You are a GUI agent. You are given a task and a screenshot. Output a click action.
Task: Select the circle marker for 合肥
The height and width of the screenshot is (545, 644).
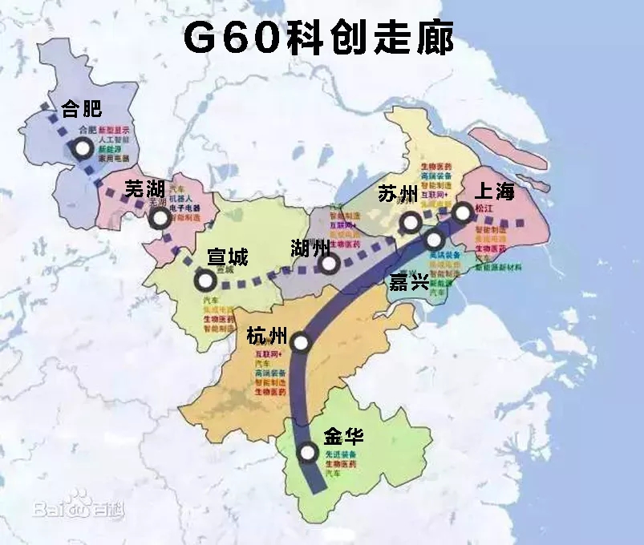82,148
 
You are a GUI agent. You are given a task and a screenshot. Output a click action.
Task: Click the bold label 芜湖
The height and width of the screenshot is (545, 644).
146,189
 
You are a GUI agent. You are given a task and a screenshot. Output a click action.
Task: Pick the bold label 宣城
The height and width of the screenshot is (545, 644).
228,257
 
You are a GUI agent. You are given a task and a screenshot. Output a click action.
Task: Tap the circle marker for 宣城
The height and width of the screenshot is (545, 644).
205,280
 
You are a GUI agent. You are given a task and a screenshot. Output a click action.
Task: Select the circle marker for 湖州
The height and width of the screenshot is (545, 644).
326,264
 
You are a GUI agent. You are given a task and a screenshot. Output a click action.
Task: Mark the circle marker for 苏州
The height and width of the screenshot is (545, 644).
411,221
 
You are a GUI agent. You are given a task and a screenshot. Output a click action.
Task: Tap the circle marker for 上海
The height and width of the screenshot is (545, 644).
462,212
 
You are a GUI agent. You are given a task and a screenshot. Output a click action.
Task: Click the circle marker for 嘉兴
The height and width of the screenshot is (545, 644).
434,239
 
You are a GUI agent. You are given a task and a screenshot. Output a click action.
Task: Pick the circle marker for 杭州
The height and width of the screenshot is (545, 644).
301,343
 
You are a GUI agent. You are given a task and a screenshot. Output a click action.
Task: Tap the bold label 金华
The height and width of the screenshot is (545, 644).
343,437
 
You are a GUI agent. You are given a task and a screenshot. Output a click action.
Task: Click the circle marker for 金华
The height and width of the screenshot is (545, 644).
307,454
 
